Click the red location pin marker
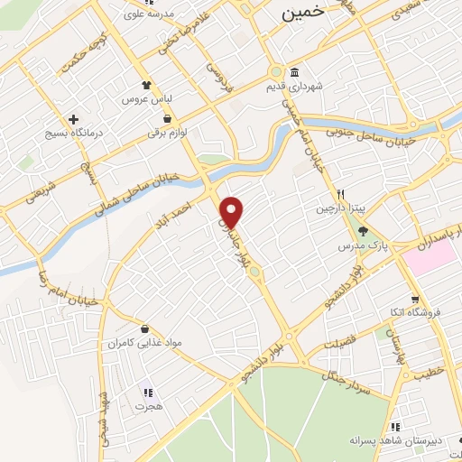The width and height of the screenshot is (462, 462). pyautogui.click(x=233, y=211)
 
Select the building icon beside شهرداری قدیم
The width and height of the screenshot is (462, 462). pyautogui.click(x=294, y=73)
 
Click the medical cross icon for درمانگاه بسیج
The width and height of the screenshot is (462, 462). pyautogui.click(x=73, y=119)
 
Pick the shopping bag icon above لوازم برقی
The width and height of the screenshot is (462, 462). pyautogui.click(x=168, y=118)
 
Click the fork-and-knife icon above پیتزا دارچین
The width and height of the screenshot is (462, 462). pyautogui.click(x=341, y=194)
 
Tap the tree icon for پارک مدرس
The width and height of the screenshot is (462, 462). pyautogui.click(x=364, y=231)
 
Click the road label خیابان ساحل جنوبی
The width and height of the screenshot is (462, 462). pyautogui.click(x=397, y=132)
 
